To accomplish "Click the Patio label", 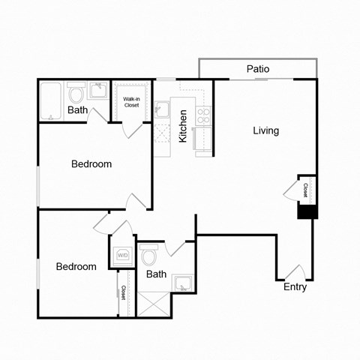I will (258, 70).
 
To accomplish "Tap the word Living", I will (265, 130).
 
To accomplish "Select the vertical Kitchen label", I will (182, 126).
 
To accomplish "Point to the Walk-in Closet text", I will (131, 101).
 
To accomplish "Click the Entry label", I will (295, 287).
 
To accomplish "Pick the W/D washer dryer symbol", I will (122, 256).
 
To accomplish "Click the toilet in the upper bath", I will (75, 95).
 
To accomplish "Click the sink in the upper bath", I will (97, 91).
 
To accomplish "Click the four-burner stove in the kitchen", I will (202, 115).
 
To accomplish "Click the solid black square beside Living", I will (307, 211).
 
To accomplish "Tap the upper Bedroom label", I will (91, 164).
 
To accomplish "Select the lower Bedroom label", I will (76, 267).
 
